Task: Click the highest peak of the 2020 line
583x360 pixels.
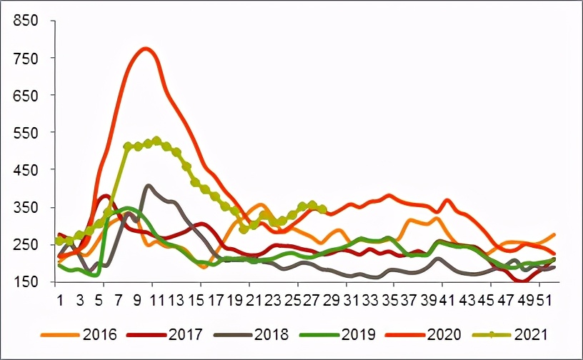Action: point(146,49)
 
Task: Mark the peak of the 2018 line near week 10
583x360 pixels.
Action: point(148,186)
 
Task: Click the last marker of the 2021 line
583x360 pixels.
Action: point(322,209)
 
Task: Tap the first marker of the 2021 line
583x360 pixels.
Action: point(59,241)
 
